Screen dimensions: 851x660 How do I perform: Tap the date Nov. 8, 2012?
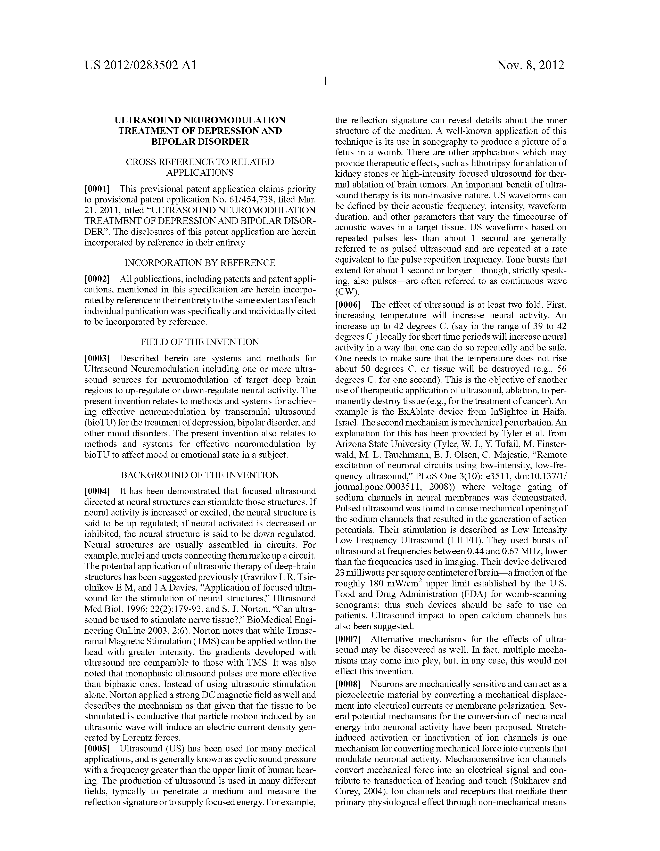coord(530,65)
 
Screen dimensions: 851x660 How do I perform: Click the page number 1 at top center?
coord(325,81)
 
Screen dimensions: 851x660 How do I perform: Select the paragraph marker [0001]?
coord(97,189)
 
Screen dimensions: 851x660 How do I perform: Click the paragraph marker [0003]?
coord(97,358)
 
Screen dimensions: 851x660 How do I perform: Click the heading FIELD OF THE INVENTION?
coord(200,342)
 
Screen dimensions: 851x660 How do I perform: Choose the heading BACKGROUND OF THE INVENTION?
coord(200,475)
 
